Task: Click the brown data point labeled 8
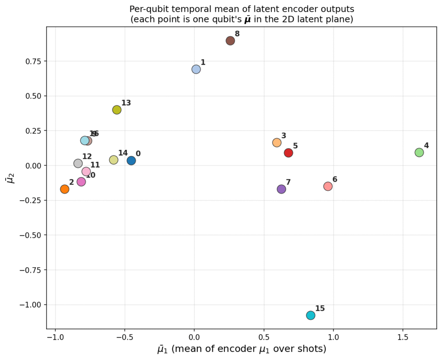point(230,41)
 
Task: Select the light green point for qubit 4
point(419,152)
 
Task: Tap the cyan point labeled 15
point(311,315)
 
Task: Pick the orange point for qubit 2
point(65,189)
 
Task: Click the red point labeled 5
point(288,152)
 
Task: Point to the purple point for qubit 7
point(281,189)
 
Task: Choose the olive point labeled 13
point(117,110)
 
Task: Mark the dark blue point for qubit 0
point(131,161)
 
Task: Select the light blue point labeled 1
point(196,69)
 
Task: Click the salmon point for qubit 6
point(328,186)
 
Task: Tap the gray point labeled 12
point(78,163)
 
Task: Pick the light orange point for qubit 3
point(277,142)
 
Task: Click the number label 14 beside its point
point(123,153)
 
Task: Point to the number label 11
point(95,165)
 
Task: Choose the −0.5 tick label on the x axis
point(123,336)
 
